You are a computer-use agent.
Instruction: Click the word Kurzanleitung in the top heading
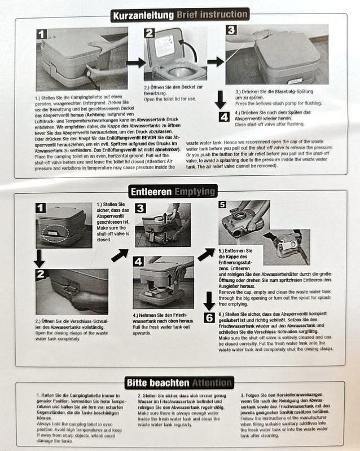pyautogui.click(x=143, y=16)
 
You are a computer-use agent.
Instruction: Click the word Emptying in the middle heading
pyautogui.click(x=195, y=192)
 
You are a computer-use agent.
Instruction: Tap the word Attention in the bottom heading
pyautogui.click(x=212, y=383)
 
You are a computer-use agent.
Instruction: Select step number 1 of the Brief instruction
pyautogui.click(x=42, y=34)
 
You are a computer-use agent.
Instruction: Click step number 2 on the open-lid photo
pyautogui.click(x=149, y=33)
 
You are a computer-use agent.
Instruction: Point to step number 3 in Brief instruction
pyautogui.click(x=231, y=30)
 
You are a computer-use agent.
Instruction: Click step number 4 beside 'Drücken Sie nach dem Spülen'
pyautogui.click(x=224, y=117)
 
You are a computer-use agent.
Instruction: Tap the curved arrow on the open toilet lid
pyautogui.click(x=188, y=50)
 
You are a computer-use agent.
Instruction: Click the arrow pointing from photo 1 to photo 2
pyautogui.click(x=136, y=63)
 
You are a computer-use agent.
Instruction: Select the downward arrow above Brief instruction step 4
pyautogui.click(x=220, y=100)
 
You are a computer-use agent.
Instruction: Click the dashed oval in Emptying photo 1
pyautogui.click(x=55, y=233)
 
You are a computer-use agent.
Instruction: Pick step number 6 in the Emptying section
pyautogui.click(x=209, y=318)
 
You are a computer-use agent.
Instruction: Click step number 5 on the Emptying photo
pyautogui.click(x=222, y=205)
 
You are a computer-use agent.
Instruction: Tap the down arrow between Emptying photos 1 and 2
pyautogui.click(x=39, y=258)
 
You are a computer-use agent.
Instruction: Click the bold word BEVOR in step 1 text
pyautogui.click(x=149, y=138)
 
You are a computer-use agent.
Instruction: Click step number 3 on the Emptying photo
pyautogui.click(x=141, y=208)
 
